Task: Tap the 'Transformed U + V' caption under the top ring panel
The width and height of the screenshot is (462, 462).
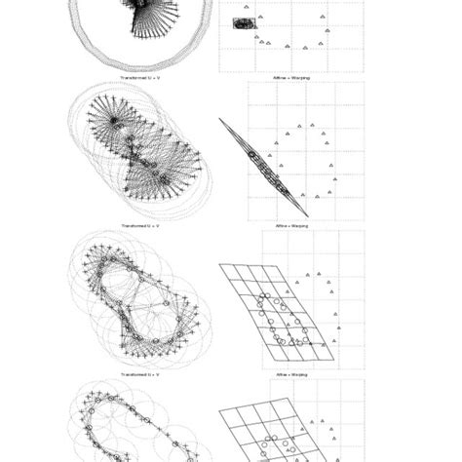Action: click(x=139, y=76)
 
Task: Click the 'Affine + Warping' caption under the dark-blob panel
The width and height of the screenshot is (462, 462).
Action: click(x=293, y=76)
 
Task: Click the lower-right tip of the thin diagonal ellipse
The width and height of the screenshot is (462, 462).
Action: click(x=308, y=216)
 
